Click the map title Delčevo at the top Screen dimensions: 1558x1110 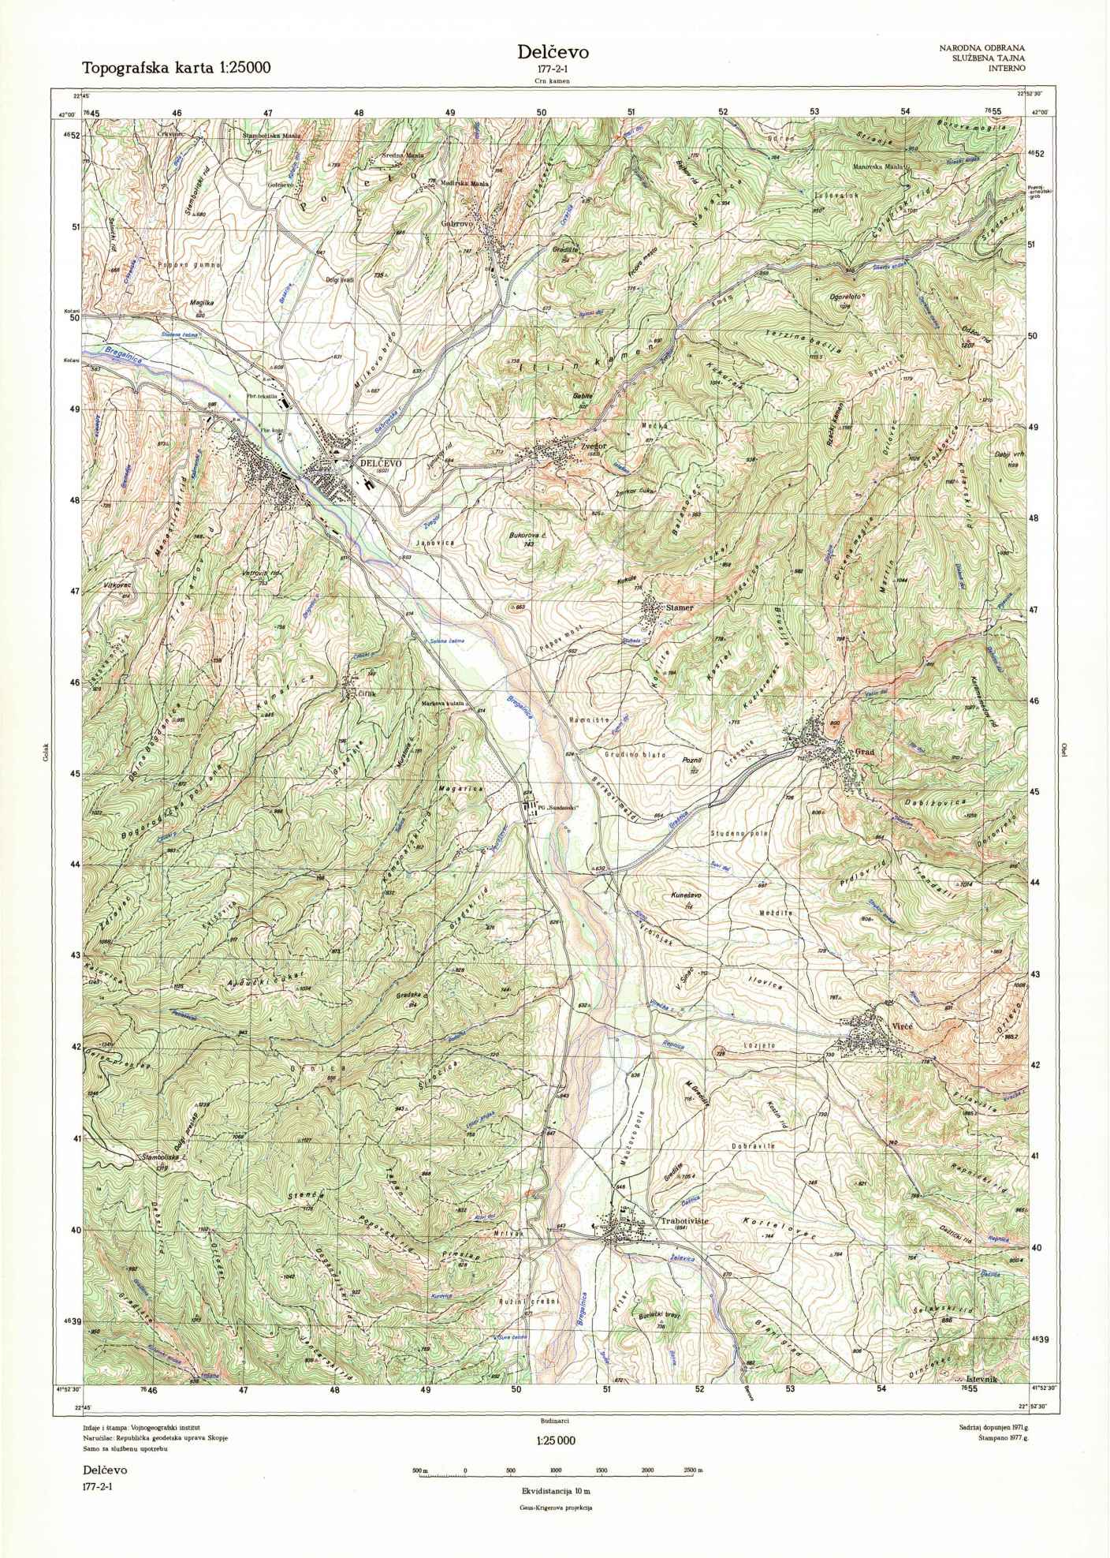point(553,52)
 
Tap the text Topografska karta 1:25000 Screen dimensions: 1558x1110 point(177,69)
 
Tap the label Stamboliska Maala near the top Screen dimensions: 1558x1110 point(271,135)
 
